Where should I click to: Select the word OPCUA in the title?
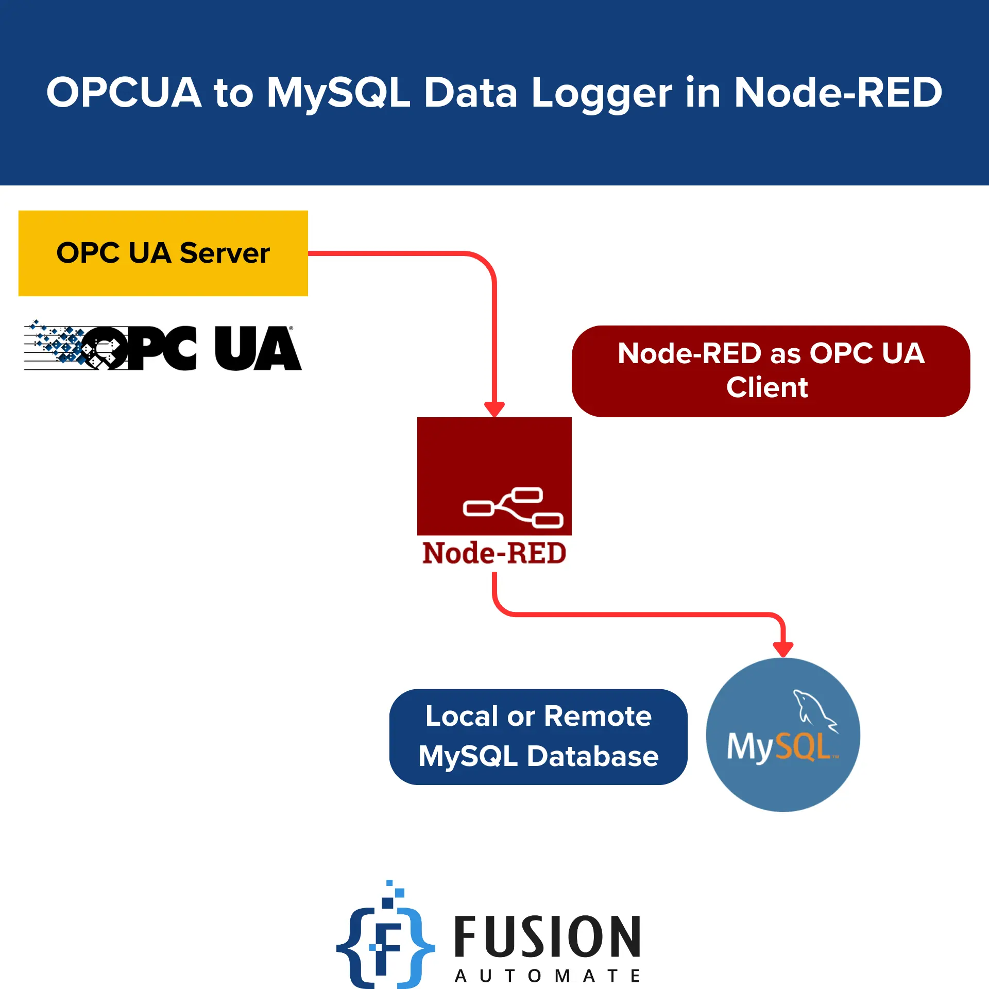[x=124, y=93]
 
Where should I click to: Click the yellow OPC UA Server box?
[x=163, y=253]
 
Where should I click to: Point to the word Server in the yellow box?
[x=225, y=253]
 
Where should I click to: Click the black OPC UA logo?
[x=163, y=348]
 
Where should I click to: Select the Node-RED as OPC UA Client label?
[x=771, y=371]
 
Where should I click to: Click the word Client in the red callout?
[x=767, y=387]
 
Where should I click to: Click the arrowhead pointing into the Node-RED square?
[x=494, y=410]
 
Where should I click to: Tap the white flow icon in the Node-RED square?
[x=513, y=508]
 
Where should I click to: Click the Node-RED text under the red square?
[x=494, y=553]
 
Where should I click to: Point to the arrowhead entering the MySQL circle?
[x=783, y=649]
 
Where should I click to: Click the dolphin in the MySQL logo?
[x=814, y=711]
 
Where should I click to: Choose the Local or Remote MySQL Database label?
[x=538, y=737]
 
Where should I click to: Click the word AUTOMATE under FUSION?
[x=547, y=976]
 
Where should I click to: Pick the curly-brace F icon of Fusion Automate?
[x=385, y=943]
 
